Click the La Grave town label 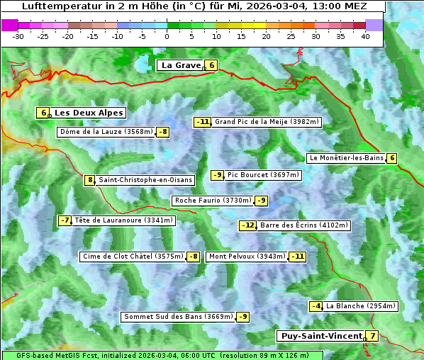pos(181,65)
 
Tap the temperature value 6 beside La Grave pos(211,65)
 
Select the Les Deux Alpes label pos(89,113)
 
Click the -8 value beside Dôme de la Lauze pos(163,132)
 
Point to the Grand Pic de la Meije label pos(267,122)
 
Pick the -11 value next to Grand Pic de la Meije pos(203,122)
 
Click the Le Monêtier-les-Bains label pos(346,158)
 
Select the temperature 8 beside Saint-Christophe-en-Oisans pos(89,180)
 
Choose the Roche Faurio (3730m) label pos(213,201)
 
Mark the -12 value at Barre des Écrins pos(247,225)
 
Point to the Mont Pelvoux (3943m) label pos(247,257)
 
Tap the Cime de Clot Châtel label pos(132,257)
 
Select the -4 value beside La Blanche pos(316,306)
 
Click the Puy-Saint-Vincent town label pos(321,336)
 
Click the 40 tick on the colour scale pos(365,35)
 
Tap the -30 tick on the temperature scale pos(18,35)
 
